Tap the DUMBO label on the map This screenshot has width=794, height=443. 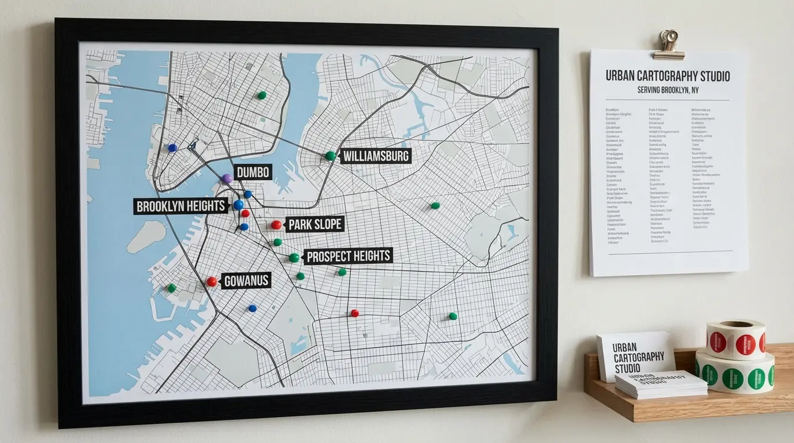pyautogui.click(x=253, y=172)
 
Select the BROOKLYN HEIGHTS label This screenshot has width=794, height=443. pyautogui.click(x=181, y=206)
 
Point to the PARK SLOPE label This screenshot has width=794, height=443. pyautogui.click(x=315, y=224)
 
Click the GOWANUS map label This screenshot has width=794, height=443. pyautogui.click(x=246, y=281)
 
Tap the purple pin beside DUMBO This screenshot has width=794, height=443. pyautogui.click(x=227, y=178)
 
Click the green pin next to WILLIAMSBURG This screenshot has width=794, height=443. pyautogui.click(x=330, y=155)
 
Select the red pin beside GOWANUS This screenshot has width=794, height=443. pyautogui.click(x=212, y=281)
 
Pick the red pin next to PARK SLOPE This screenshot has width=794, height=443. pyautogui.click(x=276, y=224)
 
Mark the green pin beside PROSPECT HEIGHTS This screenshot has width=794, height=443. pyautogui.click(x=294, y=257)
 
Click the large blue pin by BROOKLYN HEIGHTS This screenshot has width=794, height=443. pyautogui.click(x=238, y=205)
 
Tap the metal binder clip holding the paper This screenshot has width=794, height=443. pyautogui.click(x=669, y=45)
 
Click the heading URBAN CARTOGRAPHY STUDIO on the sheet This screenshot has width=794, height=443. pyautogui.click(x=668, y=76)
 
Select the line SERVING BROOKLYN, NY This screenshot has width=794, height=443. pyautogui.click(x=668, y=90)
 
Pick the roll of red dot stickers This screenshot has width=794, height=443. pyautogui.click(x=737, y=340)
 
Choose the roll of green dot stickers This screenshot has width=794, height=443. pyautogui.click(x=735, y=374)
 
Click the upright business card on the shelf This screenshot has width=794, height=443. pyautogui.click(x=635, y=356)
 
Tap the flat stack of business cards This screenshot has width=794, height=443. pyautogui.click(x=661, y=385)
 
